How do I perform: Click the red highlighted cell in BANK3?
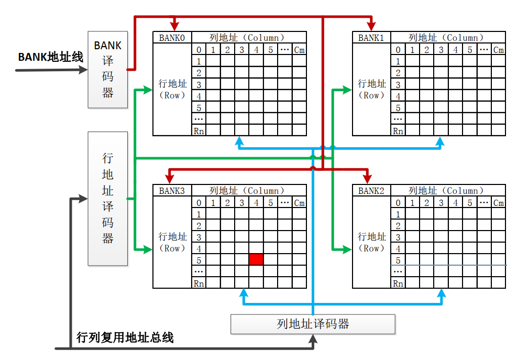(256, 259)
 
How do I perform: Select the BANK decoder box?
(108, 69)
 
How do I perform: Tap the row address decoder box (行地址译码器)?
(108, 198)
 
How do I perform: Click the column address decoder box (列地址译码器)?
(313, 324)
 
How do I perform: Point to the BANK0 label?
(172, 38)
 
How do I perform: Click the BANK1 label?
(371, 38)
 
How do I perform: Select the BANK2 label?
(371, 191)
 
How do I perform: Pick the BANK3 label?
(172, 191)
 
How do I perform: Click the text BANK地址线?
(51, 57)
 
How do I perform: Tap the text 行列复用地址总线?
(125, 337)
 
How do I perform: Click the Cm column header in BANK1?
(499, 50)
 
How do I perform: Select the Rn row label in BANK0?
(199, 130)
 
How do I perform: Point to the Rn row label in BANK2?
(398, 283)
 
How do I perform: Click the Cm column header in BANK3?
(299, 203)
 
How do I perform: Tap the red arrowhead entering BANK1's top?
(371, 26)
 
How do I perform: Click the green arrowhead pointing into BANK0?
(148, 91)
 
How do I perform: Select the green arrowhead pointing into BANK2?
(347, 249)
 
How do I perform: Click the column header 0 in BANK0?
(199, 50)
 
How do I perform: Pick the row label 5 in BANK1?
(398, 108)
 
